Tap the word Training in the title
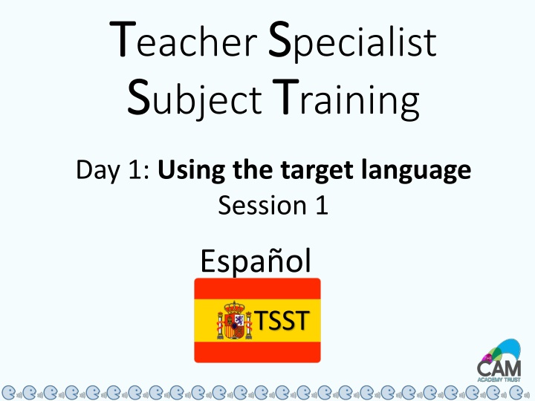(x=345, y=101)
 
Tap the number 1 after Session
(x=320, y=204)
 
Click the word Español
(x=256, y=261)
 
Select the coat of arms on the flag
(x=234, y=320)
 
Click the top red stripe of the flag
(x=257, y=288)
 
